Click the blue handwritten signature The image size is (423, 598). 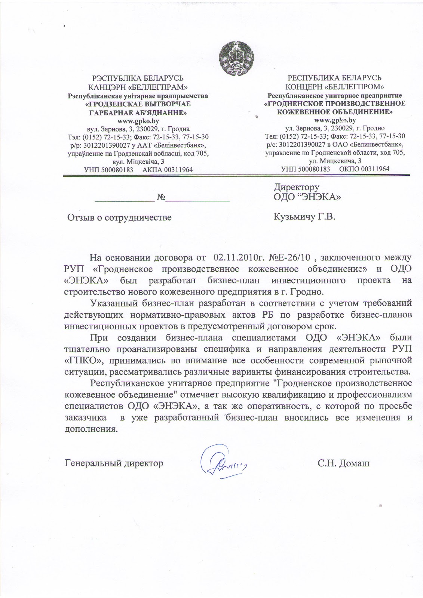tap(223, 463)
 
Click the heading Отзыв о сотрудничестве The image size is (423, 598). tap(119, 217)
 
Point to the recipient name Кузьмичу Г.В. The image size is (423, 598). tap(304, 216)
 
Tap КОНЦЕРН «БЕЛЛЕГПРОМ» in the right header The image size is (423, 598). tap(335, 87)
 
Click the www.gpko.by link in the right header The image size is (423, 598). tap(335, 120)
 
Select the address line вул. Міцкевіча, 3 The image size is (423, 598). tap(138, 161)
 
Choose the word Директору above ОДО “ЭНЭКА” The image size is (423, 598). tap(297, 187)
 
